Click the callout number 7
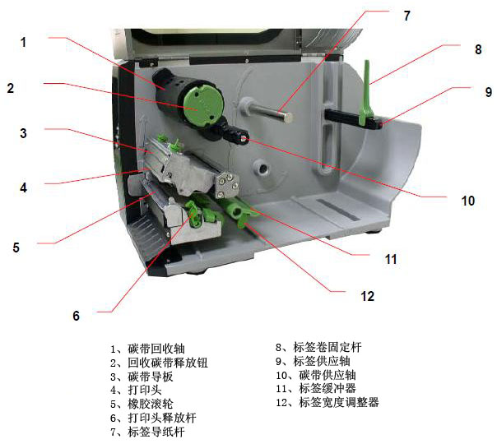[406, 16]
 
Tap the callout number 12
[367, 296]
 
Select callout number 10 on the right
[468, 201]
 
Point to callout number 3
[23, 133]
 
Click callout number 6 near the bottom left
[76, 316]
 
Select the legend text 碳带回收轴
[156, 349]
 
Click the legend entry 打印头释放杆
[162, 418]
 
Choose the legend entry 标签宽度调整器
[339, 402]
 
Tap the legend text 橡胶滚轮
[151, 404]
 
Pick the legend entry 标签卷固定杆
[327, 347]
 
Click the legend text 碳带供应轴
[327, 375]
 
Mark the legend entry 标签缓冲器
[327, 388]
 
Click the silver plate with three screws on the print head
[227, 185]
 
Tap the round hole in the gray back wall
[262, 169]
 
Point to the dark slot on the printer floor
[338, 210]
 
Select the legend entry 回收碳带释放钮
[168, 363]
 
